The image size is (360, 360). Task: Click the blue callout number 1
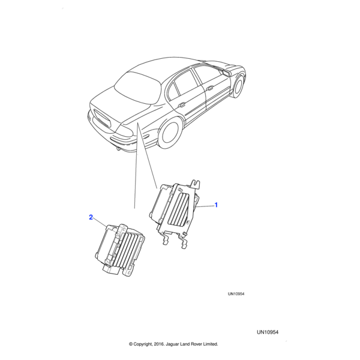pyautogui.click(x=216, y=205)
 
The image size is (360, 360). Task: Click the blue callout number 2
pyautogui.click(x=91, y=217)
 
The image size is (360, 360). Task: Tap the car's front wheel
pyautogui.click(x=238, y=86)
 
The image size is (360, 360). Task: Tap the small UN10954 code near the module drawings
pyautogui.click(x=236, y=294)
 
